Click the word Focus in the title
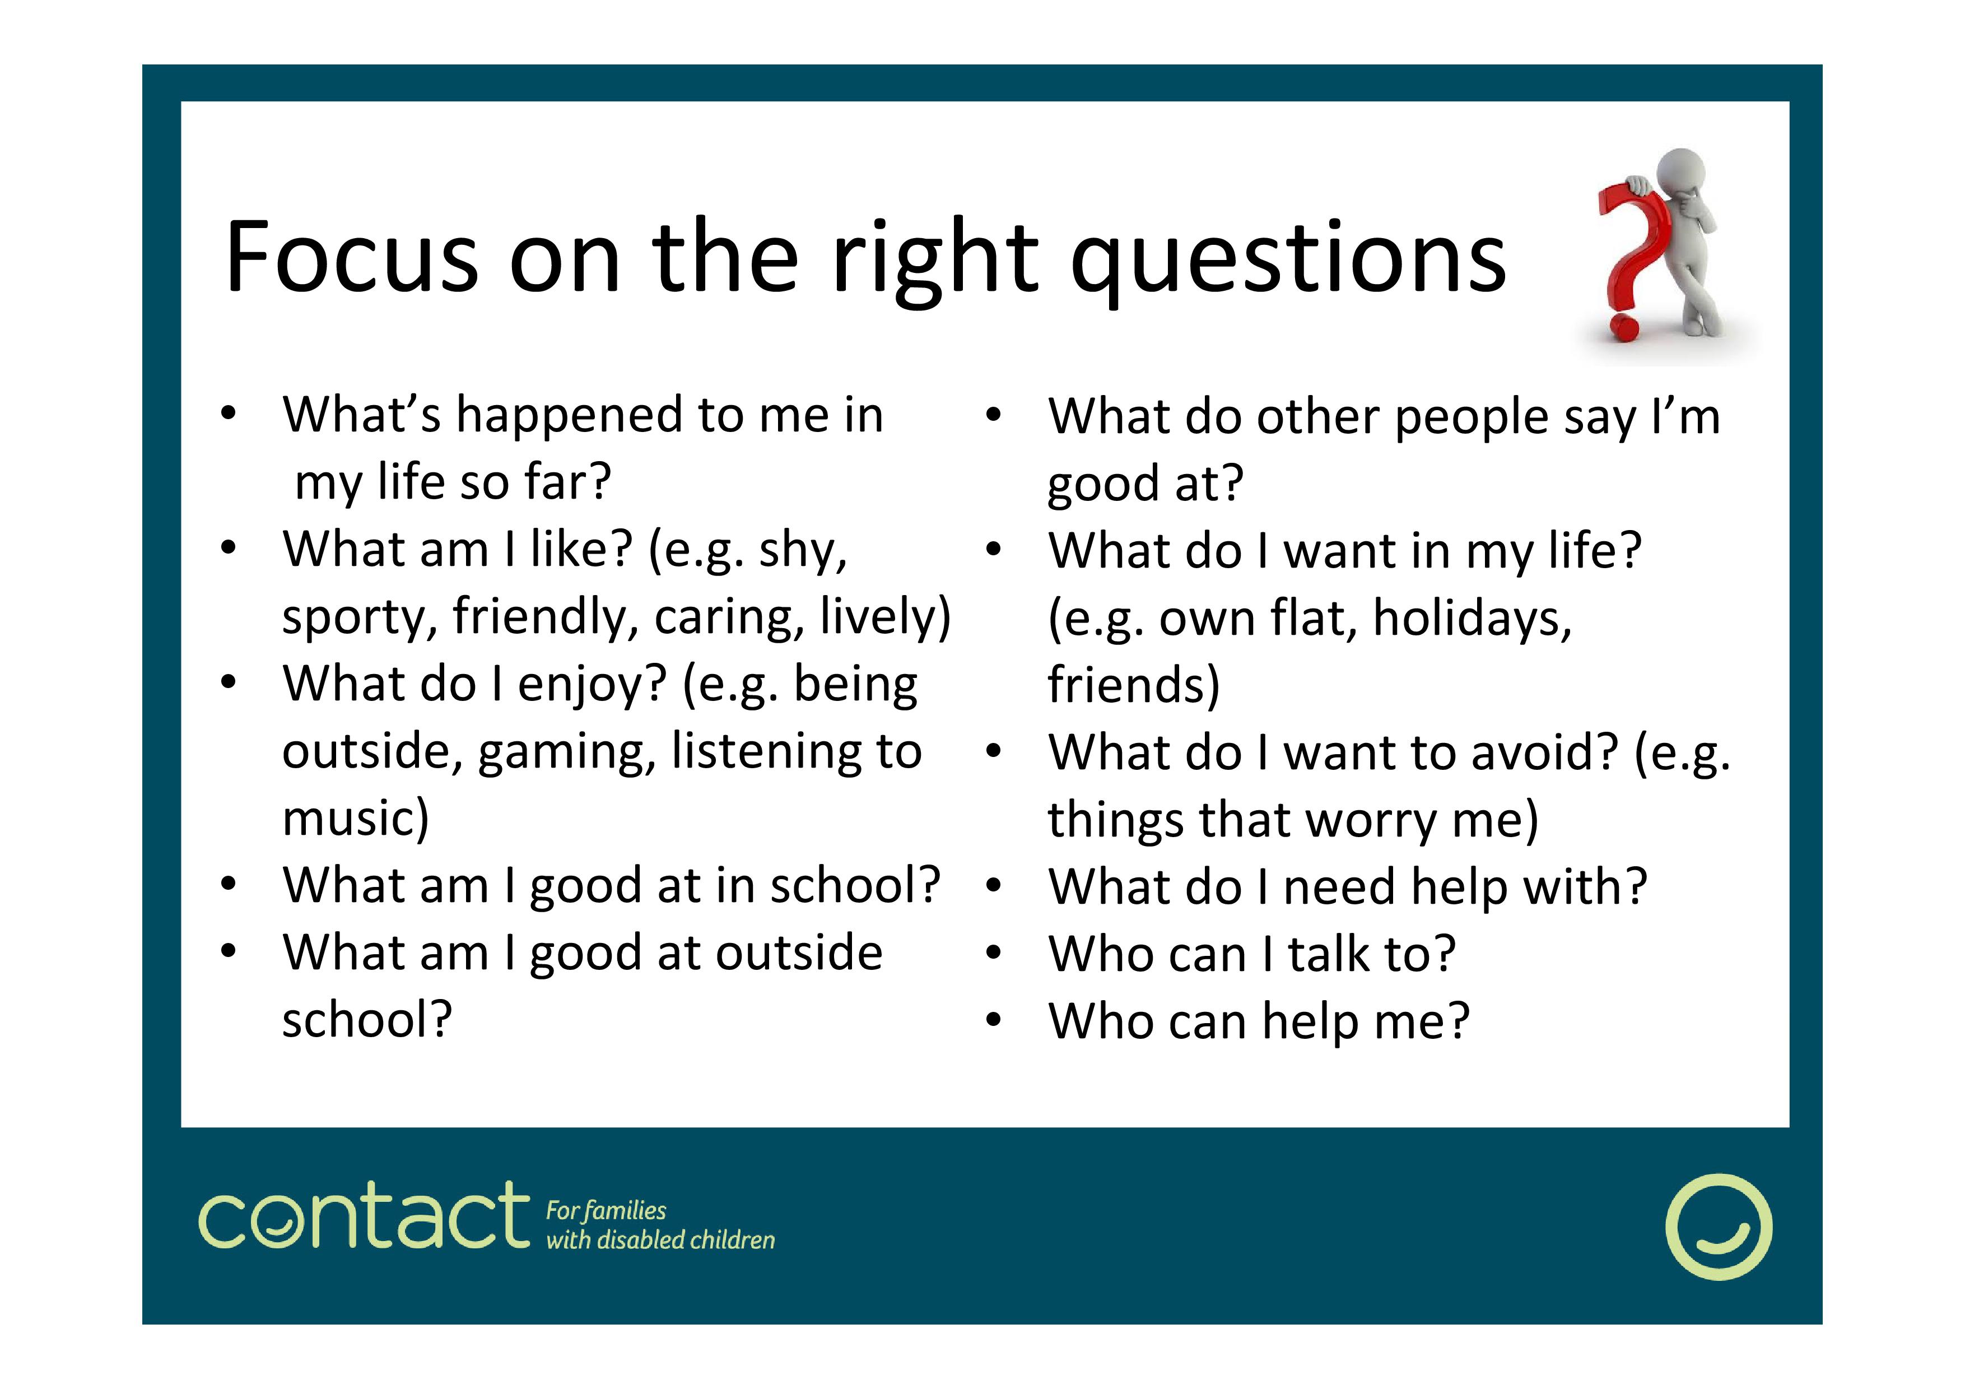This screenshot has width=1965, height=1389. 351,257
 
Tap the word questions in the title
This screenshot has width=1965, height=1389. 1289,262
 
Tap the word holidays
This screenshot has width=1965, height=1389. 1472,618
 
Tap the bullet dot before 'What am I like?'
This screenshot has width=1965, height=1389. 227,548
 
